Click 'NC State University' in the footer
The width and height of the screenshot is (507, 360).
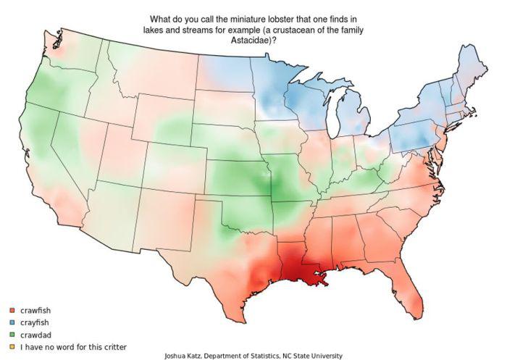[311, 356]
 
